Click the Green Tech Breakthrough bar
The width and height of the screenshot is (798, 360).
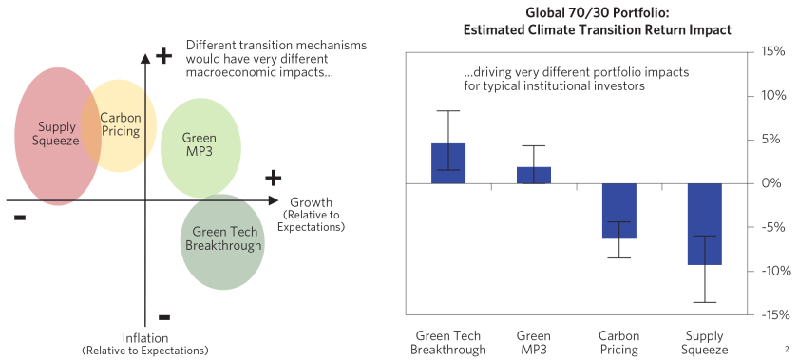[447, 162]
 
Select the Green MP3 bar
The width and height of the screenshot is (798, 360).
[534, 175]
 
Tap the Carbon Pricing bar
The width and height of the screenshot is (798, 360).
[619, 210]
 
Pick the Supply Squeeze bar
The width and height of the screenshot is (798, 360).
[704, 223]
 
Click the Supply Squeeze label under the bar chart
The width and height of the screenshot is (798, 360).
[704, 342]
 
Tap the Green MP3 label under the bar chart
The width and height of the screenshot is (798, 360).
[534, 342]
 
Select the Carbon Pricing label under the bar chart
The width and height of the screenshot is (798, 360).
[619, 342]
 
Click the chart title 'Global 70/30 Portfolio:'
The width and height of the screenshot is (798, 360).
[597, 12]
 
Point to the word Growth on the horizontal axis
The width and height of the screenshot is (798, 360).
[311, 202]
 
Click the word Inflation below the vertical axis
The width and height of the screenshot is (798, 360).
[144, 338]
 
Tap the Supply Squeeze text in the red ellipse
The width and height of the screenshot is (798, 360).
[58, 134]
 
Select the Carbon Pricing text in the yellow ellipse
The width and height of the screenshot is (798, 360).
[121, 124]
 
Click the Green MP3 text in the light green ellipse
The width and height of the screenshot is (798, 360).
[199, 145]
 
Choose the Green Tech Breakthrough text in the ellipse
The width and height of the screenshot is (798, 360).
[226, 238]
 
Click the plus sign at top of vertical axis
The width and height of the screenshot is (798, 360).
[163, 55]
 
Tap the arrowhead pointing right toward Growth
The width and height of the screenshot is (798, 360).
[275, 201]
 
